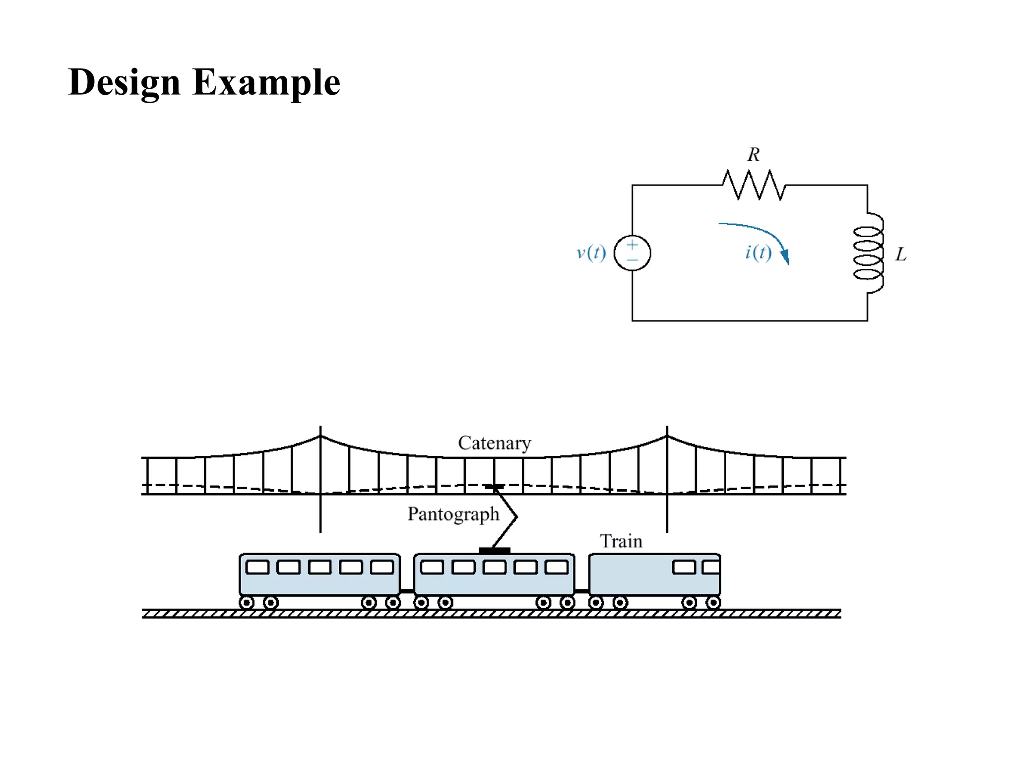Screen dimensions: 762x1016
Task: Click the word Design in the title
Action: tap(124, 82)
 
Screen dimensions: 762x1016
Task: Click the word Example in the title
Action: tap(266, 82)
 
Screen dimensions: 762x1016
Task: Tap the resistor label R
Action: tap(753, 155)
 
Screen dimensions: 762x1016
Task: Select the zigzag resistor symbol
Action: tap(754, 185)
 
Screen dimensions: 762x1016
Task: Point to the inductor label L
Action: tap(900, 254)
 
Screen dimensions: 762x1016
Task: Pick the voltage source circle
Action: tap(632, 253)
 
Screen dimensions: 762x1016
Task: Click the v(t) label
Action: tap(591, 253)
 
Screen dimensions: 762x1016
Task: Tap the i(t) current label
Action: tap(758, 253)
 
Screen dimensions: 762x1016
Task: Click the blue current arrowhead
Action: tap(785, 257)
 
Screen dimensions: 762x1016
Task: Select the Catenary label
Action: tap(494, 443)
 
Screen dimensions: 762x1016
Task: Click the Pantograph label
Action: tap(453, 514)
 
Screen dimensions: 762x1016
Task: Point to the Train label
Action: tap(621, 541)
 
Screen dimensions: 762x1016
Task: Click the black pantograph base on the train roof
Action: tap(494, 550)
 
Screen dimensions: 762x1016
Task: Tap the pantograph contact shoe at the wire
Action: tap(495, 487)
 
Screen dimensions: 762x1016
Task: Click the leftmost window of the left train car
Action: tap(257, 567)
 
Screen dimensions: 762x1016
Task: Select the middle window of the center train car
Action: tap(495, 567)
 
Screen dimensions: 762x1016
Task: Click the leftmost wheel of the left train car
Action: tap(247, 603)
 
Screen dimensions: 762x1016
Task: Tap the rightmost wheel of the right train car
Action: tap(713, 603)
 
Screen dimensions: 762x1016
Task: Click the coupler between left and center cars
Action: tap(407, 591)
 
